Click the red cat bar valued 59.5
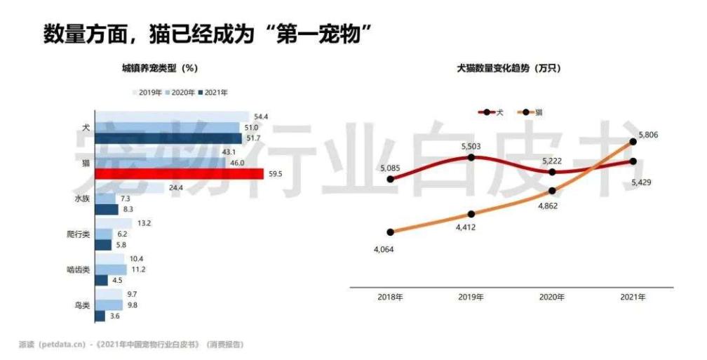coord(179,174)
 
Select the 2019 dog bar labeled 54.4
coord(171,116)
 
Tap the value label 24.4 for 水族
coord(175,188)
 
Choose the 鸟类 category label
coord(82,305)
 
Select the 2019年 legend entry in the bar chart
coord(147,92)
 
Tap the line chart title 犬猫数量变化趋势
coord(509,68)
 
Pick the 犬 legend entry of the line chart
coord(492,112)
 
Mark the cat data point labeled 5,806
coord(633,141)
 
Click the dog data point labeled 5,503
coord(471,157)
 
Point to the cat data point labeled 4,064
coord(391,232)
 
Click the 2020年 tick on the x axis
coord(552,298)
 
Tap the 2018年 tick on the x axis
coord(390,298)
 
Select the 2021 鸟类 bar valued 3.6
coord(100,316)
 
